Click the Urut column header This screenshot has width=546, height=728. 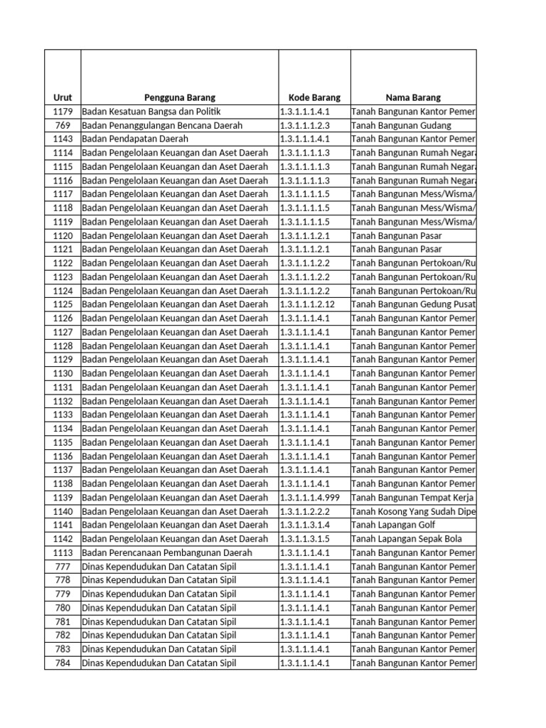[63, 97]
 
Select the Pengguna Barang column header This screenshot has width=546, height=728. [180, 97]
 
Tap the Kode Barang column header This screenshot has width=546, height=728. [314, 97]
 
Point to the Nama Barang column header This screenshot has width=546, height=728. [413, 97]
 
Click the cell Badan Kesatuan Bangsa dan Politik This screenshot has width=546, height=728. [152, 112]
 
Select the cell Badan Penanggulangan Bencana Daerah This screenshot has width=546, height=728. [162, 125]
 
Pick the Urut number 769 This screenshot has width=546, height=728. [63, 125]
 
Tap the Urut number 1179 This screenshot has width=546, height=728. [63, 112]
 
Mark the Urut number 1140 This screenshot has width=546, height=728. [63, 511]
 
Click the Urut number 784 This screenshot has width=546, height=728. [63, 663]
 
